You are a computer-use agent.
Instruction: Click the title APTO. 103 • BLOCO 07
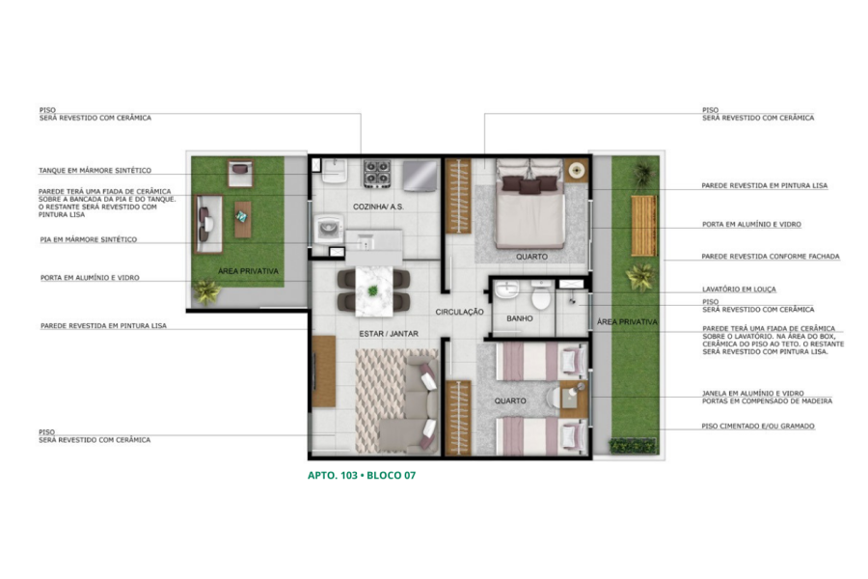pyautogui.click(x=362, y=476)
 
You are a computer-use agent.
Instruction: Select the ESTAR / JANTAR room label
pyautogui.click(x=389, y=334)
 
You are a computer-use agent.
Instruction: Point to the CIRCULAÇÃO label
pyautogui.click(x=459, y=312)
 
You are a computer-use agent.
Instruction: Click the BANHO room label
pyautogui.click(x=520, y=318)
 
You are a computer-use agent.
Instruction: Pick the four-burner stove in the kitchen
pyautogui.click(x=377, y=174)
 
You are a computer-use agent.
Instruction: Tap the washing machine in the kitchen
pyautogui.click(x=330, y=230)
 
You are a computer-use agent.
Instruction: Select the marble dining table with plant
pyautogui.click(x=373, y=290)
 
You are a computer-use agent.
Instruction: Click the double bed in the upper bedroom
pyautogui.click(x=530, y=204)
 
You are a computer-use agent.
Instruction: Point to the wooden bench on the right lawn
pyautogui.click(x=644, y=225)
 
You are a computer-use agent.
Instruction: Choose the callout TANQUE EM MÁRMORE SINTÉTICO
pyautogui.click(x=95, y=171)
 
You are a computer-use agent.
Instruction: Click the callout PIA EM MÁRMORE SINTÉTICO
pyautogui.click(x=89, y=239)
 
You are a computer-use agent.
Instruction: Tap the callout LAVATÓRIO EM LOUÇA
pyautogui.click(x=739, y=289)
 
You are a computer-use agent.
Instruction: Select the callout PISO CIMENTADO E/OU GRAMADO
pyautogui.click(x=758, y=427)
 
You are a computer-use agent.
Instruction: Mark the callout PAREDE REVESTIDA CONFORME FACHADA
pyautogui.click(x=771, y=257)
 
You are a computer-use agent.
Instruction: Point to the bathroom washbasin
pyautogui.click(x=506, y=289)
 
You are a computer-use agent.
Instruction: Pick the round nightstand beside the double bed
pyautogui.click(x=577, y=170)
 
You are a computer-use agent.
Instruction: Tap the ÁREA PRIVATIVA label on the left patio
pyautogui.click(x=248, y=271)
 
